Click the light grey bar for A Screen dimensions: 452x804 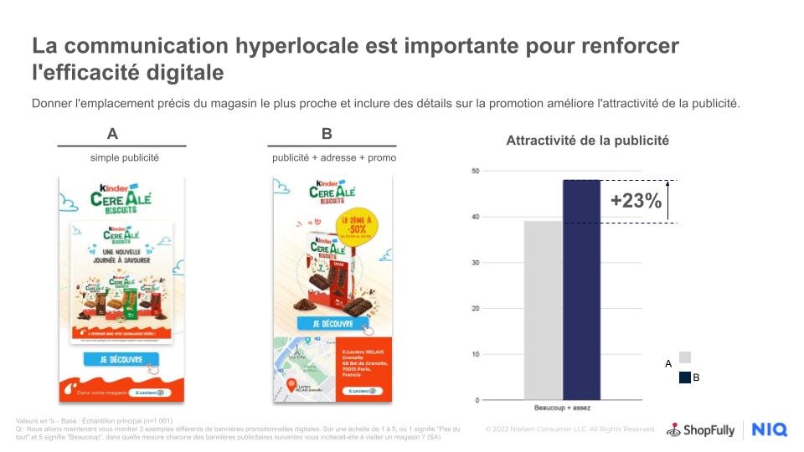pyautogui.click(x=543, y=310)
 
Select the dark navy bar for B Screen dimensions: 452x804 pyautogui.click(x=581, y=289)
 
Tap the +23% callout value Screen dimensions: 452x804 pyautogui.click(x=636, y=201)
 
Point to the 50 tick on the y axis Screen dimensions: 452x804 pyautogui.click(x=474, y=172)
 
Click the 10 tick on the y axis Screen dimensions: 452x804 pyautogui.click(x=474, y=354)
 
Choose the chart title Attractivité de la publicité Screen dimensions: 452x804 pyautogui.click(x=587, y=141)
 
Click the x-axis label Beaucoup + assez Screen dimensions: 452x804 pyautogui.click(x=562, y=408)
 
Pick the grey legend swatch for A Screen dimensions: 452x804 pyautogui.click(x=685, y=357)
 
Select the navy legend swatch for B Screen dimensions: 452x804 pyautogui.click(x=685, y=378)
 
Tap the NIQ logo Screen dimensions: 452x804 pyautogui.click(x=769, y=429)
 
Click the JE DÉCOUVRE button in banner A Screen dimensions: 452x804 pyautogui.click(x=121, y=360)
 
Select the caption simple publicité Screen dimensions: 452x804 pyautogui.click(x=125, y=157)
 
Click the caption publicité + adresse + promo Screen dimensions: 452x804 pyautogui.click(x=334, y=157)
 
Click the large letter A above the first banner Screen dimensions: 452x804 pyautogui.click(x=112, y=134)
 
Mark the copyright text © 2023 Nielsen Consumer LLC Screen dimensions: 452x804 pyautogui.click(x=570, y=429)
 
